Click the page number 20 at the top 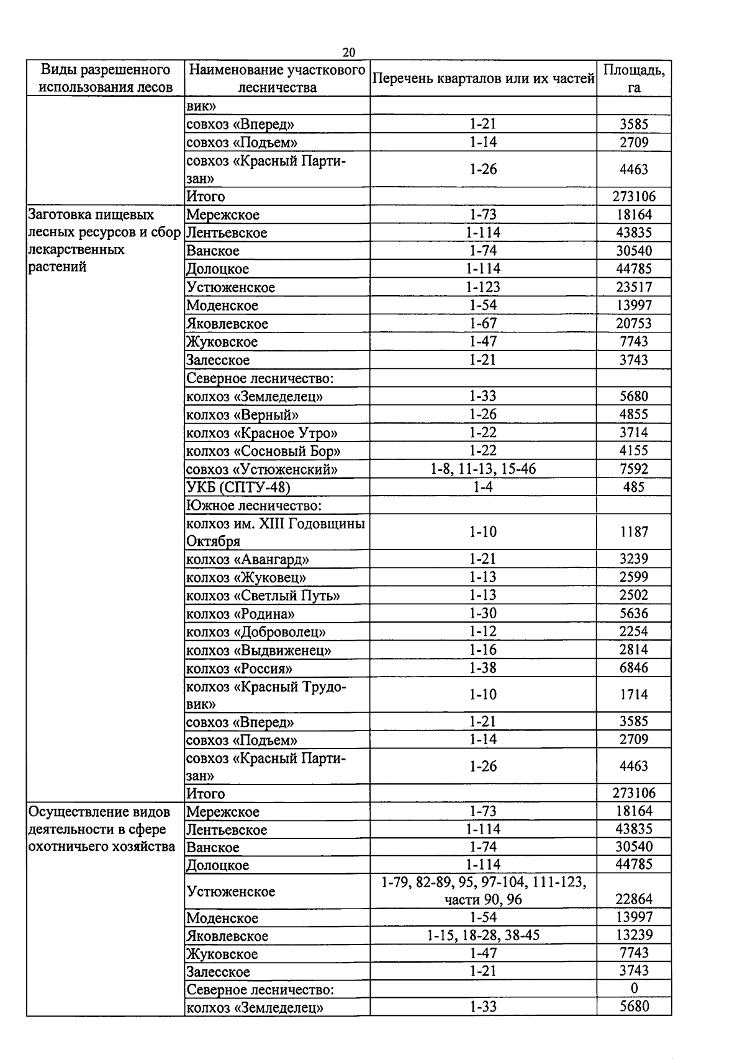[x=348, y=52]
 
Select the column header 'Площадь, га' [x=634, y=78]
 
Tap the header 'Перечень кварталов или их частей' [x=483, y=79]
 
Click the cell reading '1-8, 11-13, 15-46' [x=483, y=469]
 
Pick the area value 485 [x=634, y=487]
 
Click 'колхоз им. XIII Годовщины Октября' [x=276, y=532]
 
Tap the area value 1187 [x=634, y=532]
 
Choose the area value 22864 [x=634, y=899]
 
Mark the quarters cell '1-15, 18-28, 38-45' [x=483, y=935]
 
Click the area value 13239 [x=634, y=935]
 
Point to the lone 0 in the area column [x=634, y=989]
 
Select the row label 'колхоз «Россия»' [x=239, y=669]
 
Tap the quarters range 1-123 [x=483, y=287]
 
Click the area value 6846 [x=634, y=668]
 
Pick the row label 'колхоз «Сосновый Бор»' [x=263, y=451]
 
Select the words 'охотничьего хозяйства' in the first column [x=102, y=847]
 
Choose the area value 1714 [x=634, y=695]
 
